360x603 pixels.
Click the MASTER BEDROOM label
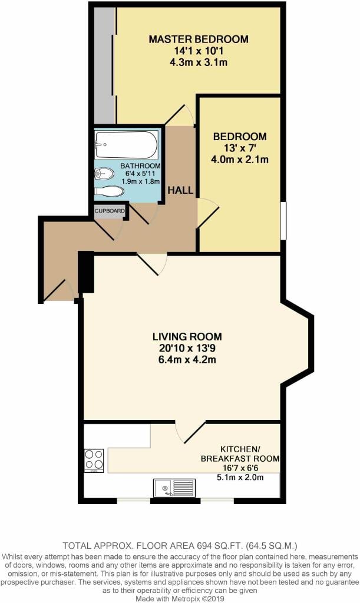tap(199, 39)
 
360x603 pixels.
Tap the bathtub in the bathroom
tap(126, 145)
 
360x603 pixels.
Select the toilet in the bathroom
tap(109, 191)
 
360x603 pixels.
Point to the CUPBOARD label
tap(110, 211)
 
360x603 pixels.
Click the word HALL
tap(180, 190)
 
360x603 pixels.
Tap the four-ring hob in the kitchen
tap(94, 460)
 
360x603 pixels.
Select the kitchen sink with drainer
tap(174, 488)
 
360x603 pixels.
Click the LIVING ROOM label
tap(187, 336)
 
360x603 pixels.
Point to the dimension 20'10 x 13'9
tap(187, 348)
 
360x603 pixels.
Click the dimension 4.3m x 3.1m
tap(199, 62)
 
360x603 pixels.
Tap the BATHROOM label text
tap(140, 165)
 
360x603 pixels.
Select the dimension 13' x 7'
tap(240, 148)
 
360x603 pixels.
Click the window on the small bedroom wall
tap(283, 221)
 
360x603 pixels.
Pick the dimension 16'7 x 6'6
tap(240, 468)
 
